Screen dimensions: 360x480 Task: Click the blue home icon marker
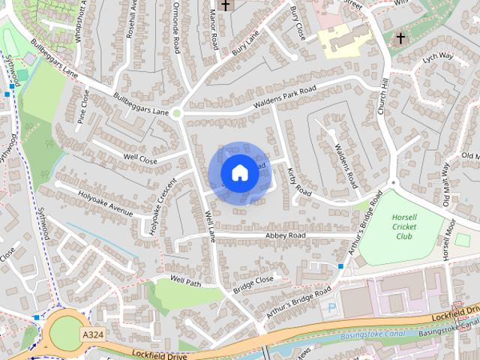[x=239, y=173]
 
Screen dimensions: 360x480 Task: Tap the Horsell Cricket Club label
[x=403, y=226]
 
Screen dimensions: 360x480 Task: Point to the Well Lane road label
[x=211, y=226]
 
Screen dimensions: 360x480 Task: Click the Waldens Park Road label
[x=285, y=96]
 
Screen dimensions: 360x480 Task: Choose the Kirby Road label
[x=298, y=182]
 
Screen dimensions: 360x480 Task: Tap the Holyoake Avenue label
[x=105, y=199]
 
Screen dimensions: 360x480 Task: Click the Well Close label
[x=140, y=159]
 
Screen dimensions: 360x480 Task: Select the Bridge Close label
[x=253, y=284]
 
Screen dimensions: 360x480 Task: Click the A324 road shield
[x=92, y=334]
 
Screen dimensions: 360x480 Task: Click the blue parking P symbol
[x=328, y=307]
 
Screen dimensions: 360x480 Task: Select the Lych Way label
[x=438, y=56]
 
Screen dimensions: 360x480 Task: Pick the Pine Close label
[x=83, y=106]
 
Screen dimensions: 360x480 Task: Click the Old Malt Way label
[x=447, y=183]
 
